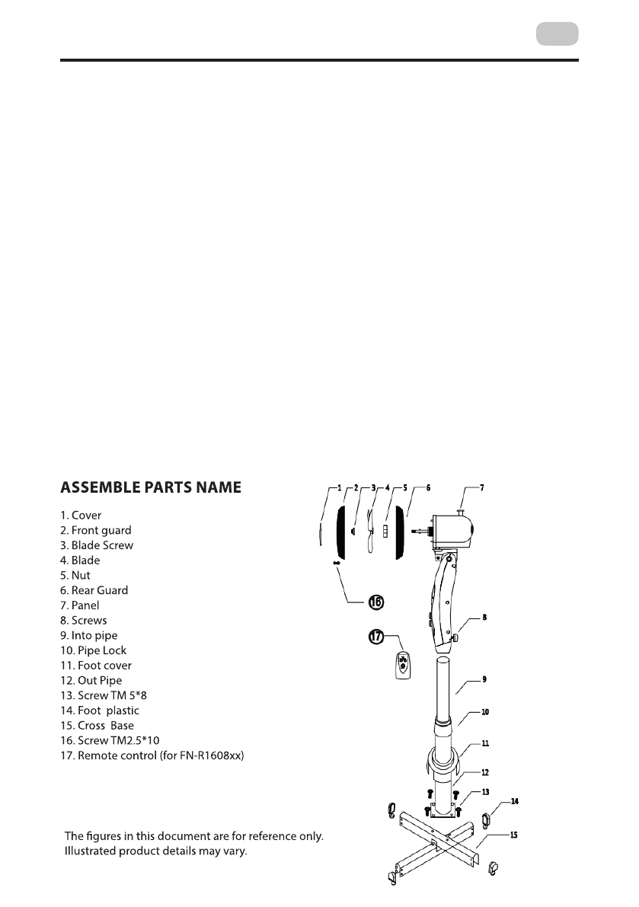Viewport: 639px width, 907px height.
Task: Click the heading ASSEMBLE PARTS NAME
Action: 151,487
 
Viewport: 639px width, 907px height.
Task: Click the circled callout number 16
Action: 375,602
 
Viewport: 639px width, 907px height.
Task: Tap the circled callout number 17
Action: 375,637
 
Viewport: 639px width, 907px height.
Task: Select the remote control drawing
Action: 404,666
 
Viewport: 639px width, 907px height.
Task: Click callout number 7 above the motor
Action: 481,487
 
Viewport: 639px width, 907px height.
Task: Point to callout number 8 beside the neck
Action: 484,618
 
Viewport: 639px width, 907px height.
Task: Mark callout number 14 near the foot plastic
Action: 515,802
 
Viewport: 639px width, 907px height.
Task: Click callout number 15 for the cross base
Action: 514,835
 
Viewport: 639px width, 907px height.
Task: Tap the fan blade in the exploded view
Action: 370,531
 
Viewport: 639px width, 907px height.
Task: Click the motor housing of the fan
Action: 454,529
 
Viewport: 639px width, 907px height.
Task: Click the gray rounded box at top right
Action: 557,34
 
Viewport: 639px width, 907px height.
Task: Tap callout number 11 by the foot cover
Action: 485,743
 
